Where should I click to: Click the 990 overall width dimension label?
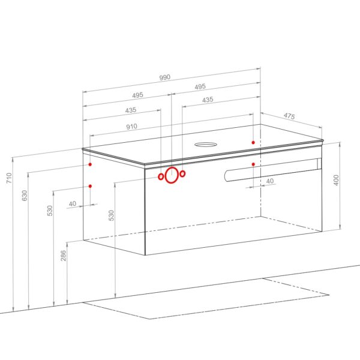[165, 77]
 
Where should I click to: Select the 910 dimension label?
[132, 127]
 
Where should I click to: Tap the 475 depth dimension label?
[289, 116]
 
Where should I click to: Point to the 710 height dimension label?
[9, 178]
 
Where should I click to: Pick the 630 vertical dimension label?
[25, 196]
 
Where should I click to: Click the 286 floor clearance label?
[64, 256]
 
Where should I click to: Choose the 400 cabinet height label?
[336, 180]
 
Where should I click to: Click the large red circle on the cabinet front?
[172, 175]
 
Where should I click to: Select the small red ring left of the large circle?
[161, 176]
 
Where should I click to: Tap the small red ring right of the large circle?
[182, 173]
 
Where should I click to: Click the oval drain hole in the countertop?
[206, 145]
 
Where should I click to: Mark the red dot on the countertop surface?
[253, 143]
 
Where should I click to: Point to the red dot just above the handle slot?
[253, 164]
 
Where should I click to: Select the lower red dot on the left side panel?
[90, 186]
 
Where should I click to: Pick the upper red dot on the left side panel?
[90, 164]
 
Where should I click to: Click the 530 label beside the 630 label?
[50, 211]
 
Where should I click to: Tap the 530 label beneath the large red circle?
[111, 215]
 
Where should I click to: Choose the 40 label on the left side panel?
[73, 203]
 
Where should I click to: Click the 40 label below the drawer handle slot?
[270, 181]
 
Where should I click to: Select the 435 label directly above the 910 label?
[131, 110]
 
